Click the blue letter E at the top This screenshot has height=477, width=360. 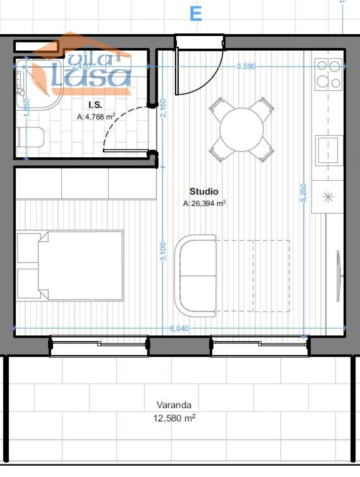(x=196, y=14)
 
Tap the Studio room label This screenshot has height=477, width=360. (x=204, y=191)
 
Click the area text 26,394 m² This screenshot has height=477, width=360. (x=204, y=203)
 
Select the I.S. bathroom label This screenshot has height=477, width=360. (x=95, y=105)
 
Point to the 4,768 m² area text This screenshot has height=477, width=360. (x=96, y=117)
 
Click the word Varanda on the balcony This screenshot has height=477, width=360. (x=174, y=405)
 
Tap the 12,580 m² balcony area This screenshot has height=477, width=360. (x=174, y=418)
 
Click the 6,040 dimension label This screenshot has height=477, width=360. (x=179, y=328)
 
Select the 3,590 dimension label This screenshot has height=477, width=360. (x=246, y=66)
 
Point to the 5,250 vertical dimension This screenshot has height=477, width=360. (x=303, y=193)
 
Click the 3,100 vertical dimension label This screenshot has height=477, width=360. (x=163, y=251)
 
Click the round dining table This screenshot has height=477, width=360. (x=242, y=130)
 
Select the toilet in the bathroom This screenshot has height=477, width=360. (x=31, y=137)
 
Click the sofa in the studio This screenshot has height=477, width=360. (x=196, y=276)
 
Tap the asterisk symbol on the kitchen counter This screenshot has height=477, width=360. (x=328, y=197)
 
